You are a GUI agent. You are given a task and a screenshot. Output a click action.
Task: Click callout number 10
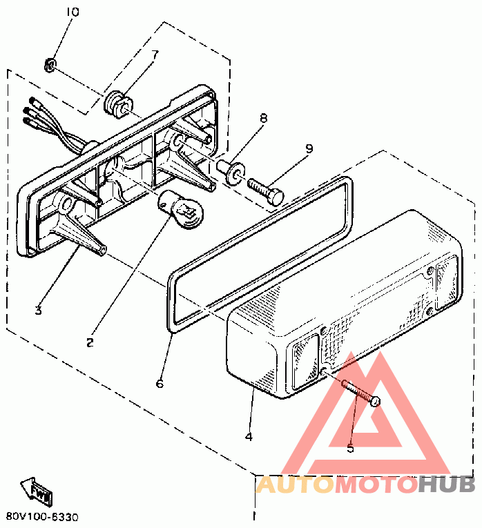click(x=73, y=12)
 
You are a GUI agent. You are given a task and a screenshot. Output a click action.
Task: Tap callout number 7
click(x=155, y=54)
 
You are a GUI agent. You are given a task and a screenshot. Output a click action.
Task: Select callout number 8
click(x=263, y=119)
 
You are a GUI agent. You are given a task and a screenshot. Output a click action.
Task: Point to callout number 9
click(x=309, y=148)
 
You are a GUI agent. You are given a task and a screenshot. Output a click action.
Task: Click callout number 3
click(x=39, y=311)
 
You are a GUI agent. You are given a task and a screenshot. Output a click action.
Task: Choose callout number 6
click(x=160, y=383)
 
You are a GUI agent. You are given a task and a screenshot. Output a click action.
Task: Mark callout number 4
click(x=248, y=437)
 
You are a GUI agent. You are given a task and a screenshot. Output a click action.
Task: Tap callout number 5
click(x=350, y=448)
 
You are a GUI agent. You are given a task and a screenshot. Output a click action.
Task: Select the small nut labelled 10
click(x=50, y=66)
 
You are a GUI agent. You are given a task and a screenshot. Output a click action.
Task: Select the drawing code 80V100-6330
click(x=43, y=516)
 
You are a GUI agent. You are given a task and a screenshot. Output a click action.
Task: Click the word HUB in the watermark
click(x=446, y=485)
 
